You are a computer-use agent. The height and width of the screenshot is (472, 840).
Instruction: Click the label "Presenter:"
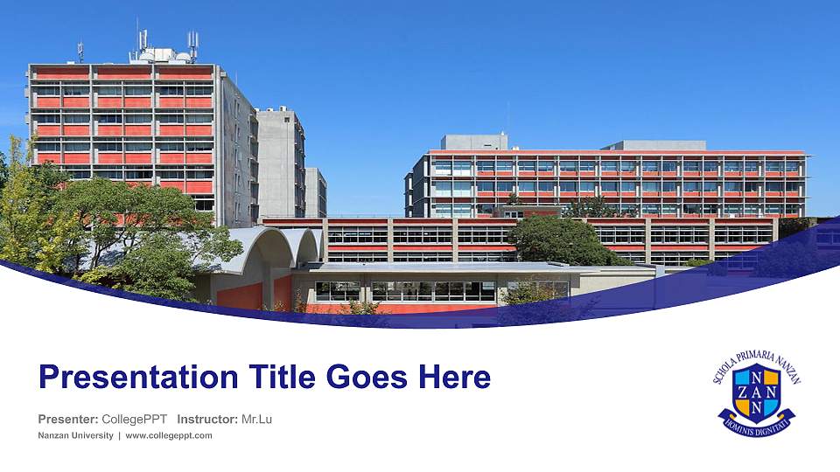(67, 420)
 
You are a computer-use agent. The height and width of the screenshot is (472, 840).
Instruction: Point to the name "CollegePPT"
(135, 420)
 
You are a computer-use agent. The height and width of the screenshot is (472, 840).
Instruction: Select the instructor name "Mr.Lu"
(256, 420)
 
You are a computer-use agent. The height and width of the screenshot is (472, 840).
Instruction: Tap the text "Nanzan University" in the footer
(75, 435)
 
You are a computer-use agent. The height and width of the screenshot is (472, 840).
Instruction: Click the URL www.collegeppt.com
(169, 435)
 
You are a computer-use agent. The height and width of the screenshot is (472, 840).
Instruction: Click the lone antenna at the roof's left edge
(80, 51)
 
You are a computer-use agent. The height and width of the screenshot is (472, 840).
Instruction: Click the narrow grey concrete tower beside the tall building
(281, 162)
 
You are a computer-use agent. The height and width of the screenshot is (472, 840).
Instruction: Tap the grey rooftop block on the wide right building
(473, 142)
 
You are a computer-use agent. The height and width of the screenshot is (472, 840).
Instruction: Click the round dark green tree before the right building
(556, 239)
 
